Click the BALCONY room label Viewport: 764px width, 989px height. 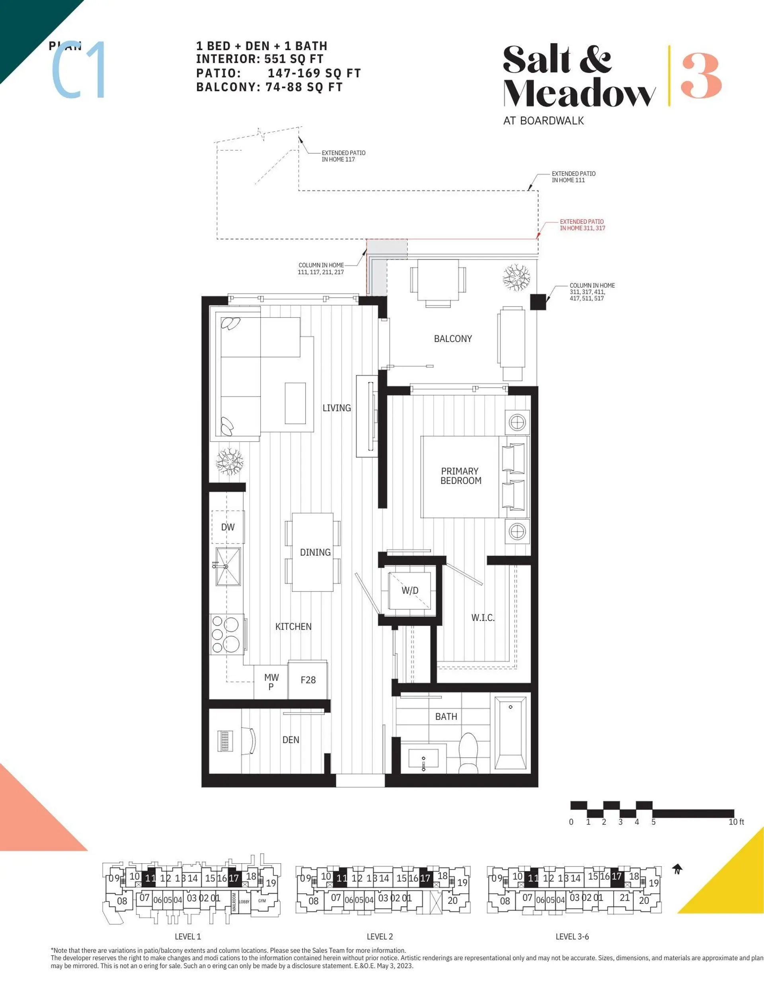point(452,339)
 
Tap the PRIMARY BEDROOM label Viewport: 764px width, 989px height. point(460,476)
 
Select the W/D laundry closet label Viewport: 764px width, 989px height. point(410,591)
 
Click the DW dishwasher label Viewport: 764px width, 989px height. point(228,527)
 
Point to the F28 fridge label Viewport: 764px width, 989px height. point(308,680)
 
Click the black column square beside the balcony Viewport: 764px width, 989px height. point(538,302)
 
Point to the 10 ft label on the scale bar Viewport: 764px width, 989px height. point(736,822)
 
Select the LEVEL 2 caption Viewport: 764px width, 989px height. point(380,936)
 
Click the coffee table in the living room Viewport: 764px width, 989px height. point(295,403)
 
